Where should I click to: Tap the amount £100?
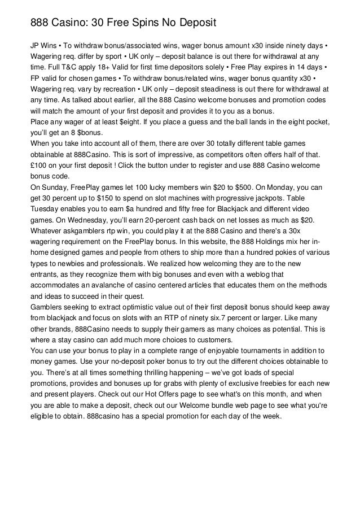point(39,166)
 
